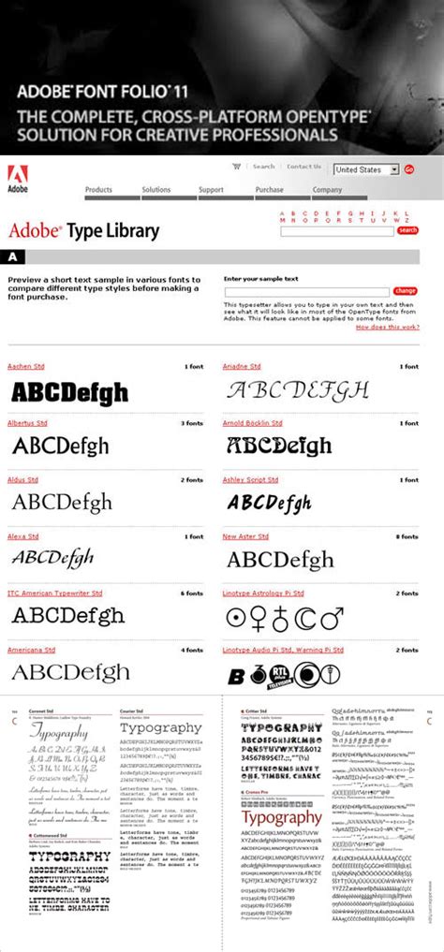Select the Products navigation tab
coord(98,190)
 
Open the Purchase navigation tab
coord(269,190)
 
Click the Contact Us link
coord(303,168)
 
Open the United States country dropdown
coord(366,169)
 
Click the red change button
coord(406,291)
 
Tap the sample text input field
coord(306,292)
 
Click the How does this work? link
coord(388,327)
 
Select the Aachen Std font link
coord(25,366)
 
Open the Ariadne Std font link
coord(242,366)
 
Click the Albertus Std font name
coord(27,423)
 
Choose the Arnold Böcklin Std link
coord(252,423)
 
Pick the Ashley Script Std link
coord(250,480)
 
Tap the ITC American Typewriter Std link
coord(54,593)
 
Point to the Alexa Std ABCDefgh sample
coord(52,559)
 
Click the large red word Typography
coord(282,816)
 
